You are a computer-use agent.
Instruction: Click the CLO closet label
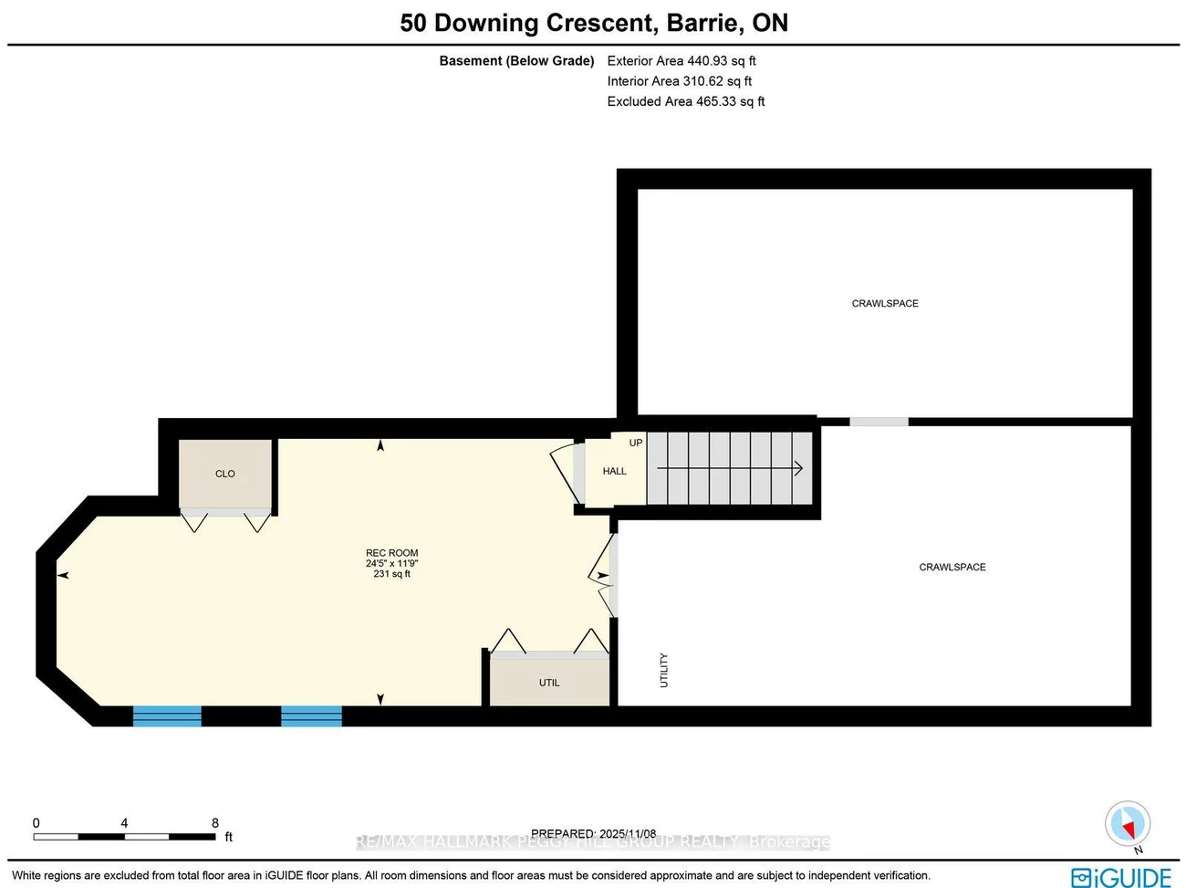pyautogui.click(x=224, y=474)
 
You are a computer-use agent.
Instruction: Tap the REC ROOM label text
pyautogui.click(x=391, y=553)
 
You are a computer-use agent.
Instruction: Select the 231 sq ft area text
pyautogui.click(x=391, y=574)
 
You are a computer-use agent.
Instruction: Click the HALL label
pyautogui.click(x=614, y=471)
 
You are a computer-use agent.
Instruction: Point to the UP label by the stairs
pyautogui.click(x=636, y=443)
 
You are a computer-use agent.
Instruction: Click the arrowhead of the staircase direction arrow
pyautogui.click(x=798, y=469)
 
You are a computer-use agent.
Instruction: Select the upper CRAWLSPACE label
pyautogui.click(x=885, y=303)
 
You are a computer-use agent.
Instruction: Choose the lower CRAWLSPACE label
pyautogui.click(x=952, y=567)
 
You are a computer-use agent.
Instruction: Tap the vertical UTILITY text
pyautogui.click(x=663, y=670)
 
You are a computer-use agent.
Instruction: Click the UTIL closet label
pyautogui.click(x=549, y=683)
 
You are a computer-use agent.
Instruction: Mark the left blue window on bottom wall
pyautogui.click(x=167, y=716)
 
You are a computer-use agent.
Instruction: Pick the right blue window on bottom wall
pyautogui.click(x=311, y=716)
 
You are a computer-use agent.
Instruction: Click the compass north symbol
pyautogui.click(x=1127, y=824)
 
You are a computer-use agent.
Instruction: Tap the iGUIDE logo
pyautogui.click(x=1120, y=877)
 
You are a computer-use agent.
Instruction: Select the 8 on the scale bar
pyautogui.click(x=215, y=822)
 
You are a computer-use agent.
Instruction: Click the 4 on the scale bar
pyautogui.click(x=124, y=822)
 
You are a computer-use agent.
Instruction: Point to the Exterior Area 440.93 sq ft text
pyautogui.click(x=681, y=61)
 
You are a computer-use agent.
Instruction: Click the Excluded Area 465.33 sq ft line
pyautogui.click(x=686, y=101)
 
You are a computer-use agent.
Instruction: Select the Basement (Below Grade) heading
pyautogui.click(x=516, y=61)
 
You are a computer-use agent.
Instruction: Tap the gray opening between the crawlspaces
pyautogui.click(x=879, y=422)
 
